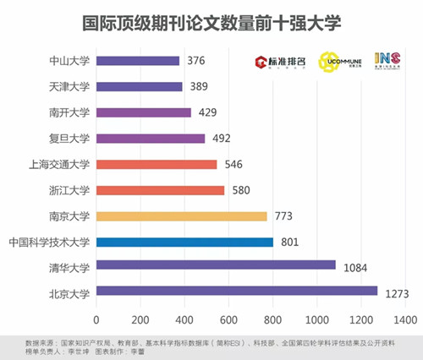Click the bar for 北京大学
(x=237, y=292)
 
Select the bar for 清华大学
(x=216, y=265)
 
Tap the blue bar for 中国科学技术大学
(x=184, y=243)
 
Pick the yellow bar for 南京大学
(x=182, y=216)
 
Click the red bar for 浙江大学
(x=160, y=190)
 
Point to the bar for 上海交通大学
(x=157, y=164)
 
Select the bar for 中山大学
(x=138, y=60)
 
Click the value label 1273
(x=396, y=294)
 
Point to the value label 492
(x=222, y=139)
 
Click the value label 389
(x=200, y=86)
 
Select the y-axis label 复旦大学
(x=70, y=139)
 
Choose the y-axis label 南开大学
(x=70, y=112)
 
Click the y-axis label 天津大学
(x=70, y=86)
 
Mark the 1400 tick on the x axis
(x=404, y=319)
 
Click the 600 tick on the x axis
(x=228, y=319)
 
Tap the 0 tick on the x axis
(x=96, y=319)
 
